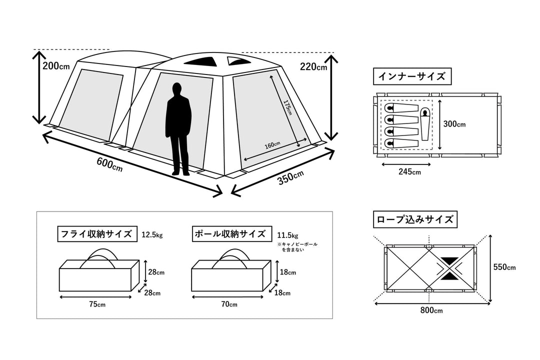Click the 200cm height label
coord(56,66)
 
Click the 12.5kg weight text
coord(152,234)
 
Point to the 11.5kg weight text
coord(287,234)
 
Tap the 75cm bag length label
coord(97,304)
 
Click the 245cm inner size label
coord(409,172)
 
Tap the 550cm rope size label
coord(504,267)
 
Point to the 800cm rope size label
coord(431,310)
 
